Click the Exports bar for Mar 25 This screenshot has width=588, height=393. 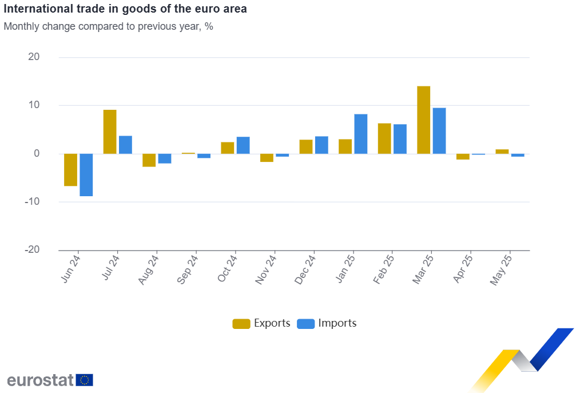click(x=424, y=120)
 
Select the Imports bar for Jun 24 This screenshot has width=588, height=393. click(x=86, y=174)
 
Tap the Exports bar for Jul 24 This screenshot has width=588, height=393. click(x=110, y=131)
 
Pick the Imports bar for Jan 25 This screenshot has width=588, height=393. click(x=361, y=133)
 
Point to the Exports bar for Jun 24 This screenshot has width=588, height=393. click(x=70, y=170)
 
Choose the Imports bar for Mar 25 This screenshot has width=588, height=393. click(x=439, y=130)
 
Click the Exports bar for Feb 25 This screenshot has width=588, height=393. click(x=384, y=138)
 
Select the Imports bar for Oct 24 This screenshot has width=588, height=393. click(x=243, y=145)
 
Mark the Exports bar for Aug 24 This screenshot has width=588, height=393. click(x=149, y=160)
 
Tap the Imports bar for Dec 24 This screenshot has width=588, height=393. click(x=321, y=145)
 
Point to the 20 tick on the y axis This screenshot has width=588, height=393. click(x=33, y=57)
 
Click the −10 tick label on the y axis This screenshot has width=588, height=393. click(x=32, y=202)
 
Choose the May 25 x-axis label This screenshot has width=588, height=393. click(x=502, y=268)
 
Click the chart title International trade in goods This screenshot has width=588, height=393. click(x=125, y=10)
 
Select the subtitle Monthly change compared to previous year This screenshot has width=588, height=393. click(x=109, y=26)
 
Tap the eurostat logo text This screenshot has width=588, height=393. click(x=41, y=380)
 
